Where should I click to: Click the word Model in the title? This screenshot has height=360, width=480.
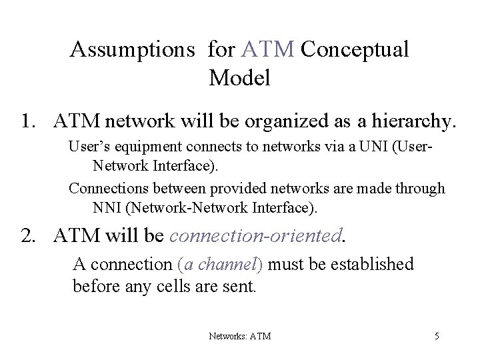coord(239,79)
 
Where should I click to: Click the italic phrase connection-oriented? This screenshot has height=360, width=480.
coord(256,234)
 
